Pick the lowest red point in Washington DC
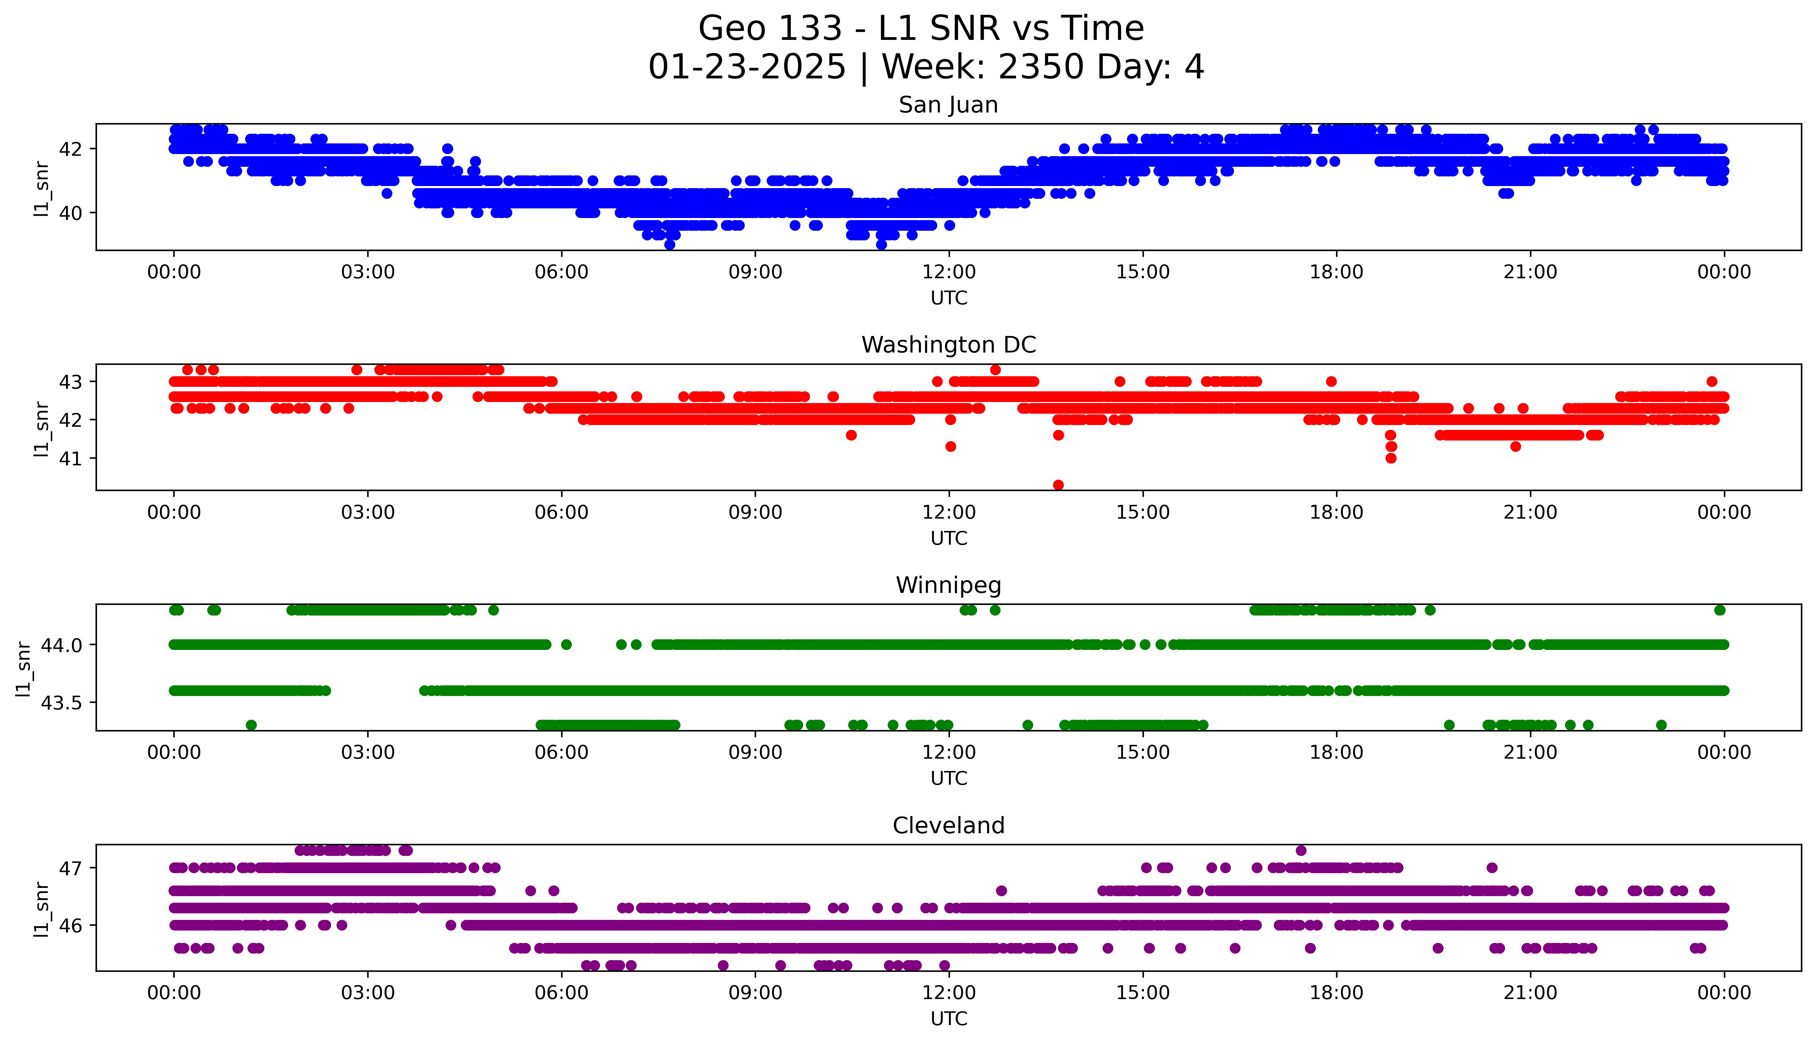pos(1058,485)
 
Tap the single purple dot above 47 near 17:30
pos(1301,850)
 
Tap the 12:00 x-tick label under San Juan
pos(949,272)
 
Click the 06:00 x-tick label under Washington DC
pos(561,512)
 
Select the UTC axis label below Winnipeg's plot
pos(949,778)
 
